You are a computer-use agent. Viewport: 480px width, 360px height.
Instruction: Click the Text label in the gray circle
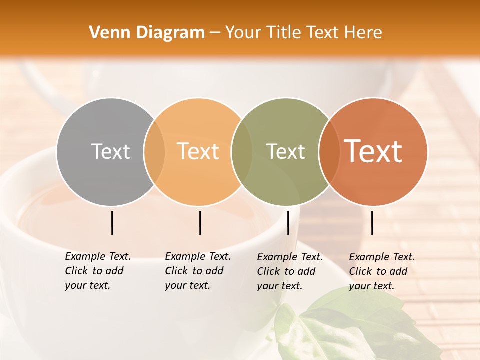110,151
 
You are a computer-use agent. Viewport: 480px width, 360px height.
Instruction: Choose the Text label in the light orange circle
198,151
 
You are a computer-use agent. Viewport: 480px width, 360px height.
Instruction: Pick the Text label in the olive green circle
285,151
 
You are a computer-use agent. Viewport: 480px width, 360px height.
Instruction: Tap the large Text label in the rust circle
373,151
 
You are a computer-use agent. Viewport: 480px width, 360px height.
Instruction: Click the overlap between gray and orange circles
154,152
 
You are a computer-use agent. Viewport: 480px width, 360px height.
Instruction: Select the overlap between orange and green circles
242,152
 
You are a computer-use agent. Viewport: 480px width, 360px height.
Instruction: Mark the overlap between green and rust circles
329,152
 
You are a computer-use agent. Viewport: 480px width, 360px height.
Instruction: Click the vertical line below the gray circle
112,223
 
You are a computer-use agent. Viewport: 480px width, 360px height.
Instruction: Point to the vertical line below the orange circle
200,223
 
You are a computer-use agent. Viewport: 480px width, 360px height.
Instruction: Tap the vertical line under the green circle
288,223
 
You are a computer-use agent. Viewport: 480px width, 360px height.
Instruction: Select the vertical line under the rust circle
372,223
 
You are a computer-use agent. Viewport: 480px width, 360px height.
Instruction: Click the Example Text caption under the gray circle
97,271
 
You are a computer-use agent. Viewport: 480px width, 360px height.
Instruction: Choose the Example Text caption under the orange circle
197,271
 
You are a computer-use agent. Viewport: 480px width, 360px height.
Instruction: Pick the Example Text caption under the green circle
289,271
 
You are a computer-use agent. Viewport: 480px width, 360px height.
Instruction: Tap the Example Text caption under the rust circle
381,271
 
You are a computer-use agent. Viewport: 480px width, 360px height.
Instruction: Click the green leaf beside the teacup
350,325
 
